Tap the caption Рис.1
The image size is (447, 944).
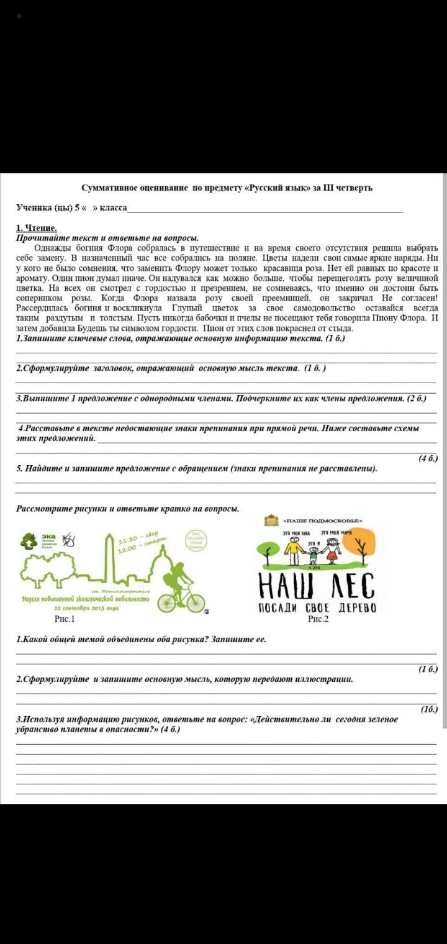pyautogui.click(x=64, y=619)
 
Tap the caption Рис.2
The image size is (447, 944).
pyautogui.click(x=318, y=619)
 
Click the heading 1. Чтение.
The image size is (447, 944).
pyautogui.click(x=37, y=229)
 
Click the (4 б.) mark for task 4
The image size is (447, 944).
pyautogui.click(x=428, y=458)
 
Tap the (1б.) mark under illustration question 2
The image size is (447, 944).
pyautogui.click(x=428, y=709)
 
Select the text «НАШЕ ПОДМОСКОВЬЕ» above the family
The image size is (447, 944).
pyautogui.click(x=322, y=520)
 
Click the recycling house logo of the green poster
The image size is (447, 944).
pyautogui.click(x=29, y=542)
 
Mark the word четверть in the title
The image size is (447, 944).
pyautogui.click(x=354, y=188)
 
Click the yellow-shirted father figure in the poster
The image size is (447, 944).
pyautogui.click(x=293, y=549)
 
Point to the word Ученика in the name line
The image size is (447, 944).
pyautogui.click(x=34, y=207)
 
